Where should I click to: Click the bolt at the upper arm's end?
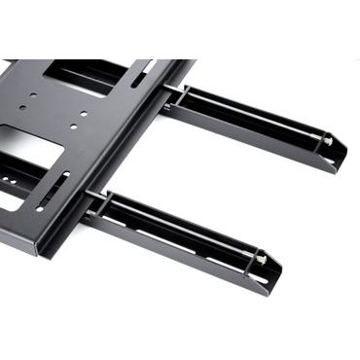(328, 141)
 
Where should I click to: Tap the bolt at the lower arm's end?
(261, 258)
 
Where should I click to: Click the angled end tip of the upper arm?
(341, 156)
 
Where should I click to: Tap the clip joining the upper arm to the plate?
(178, 94)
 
